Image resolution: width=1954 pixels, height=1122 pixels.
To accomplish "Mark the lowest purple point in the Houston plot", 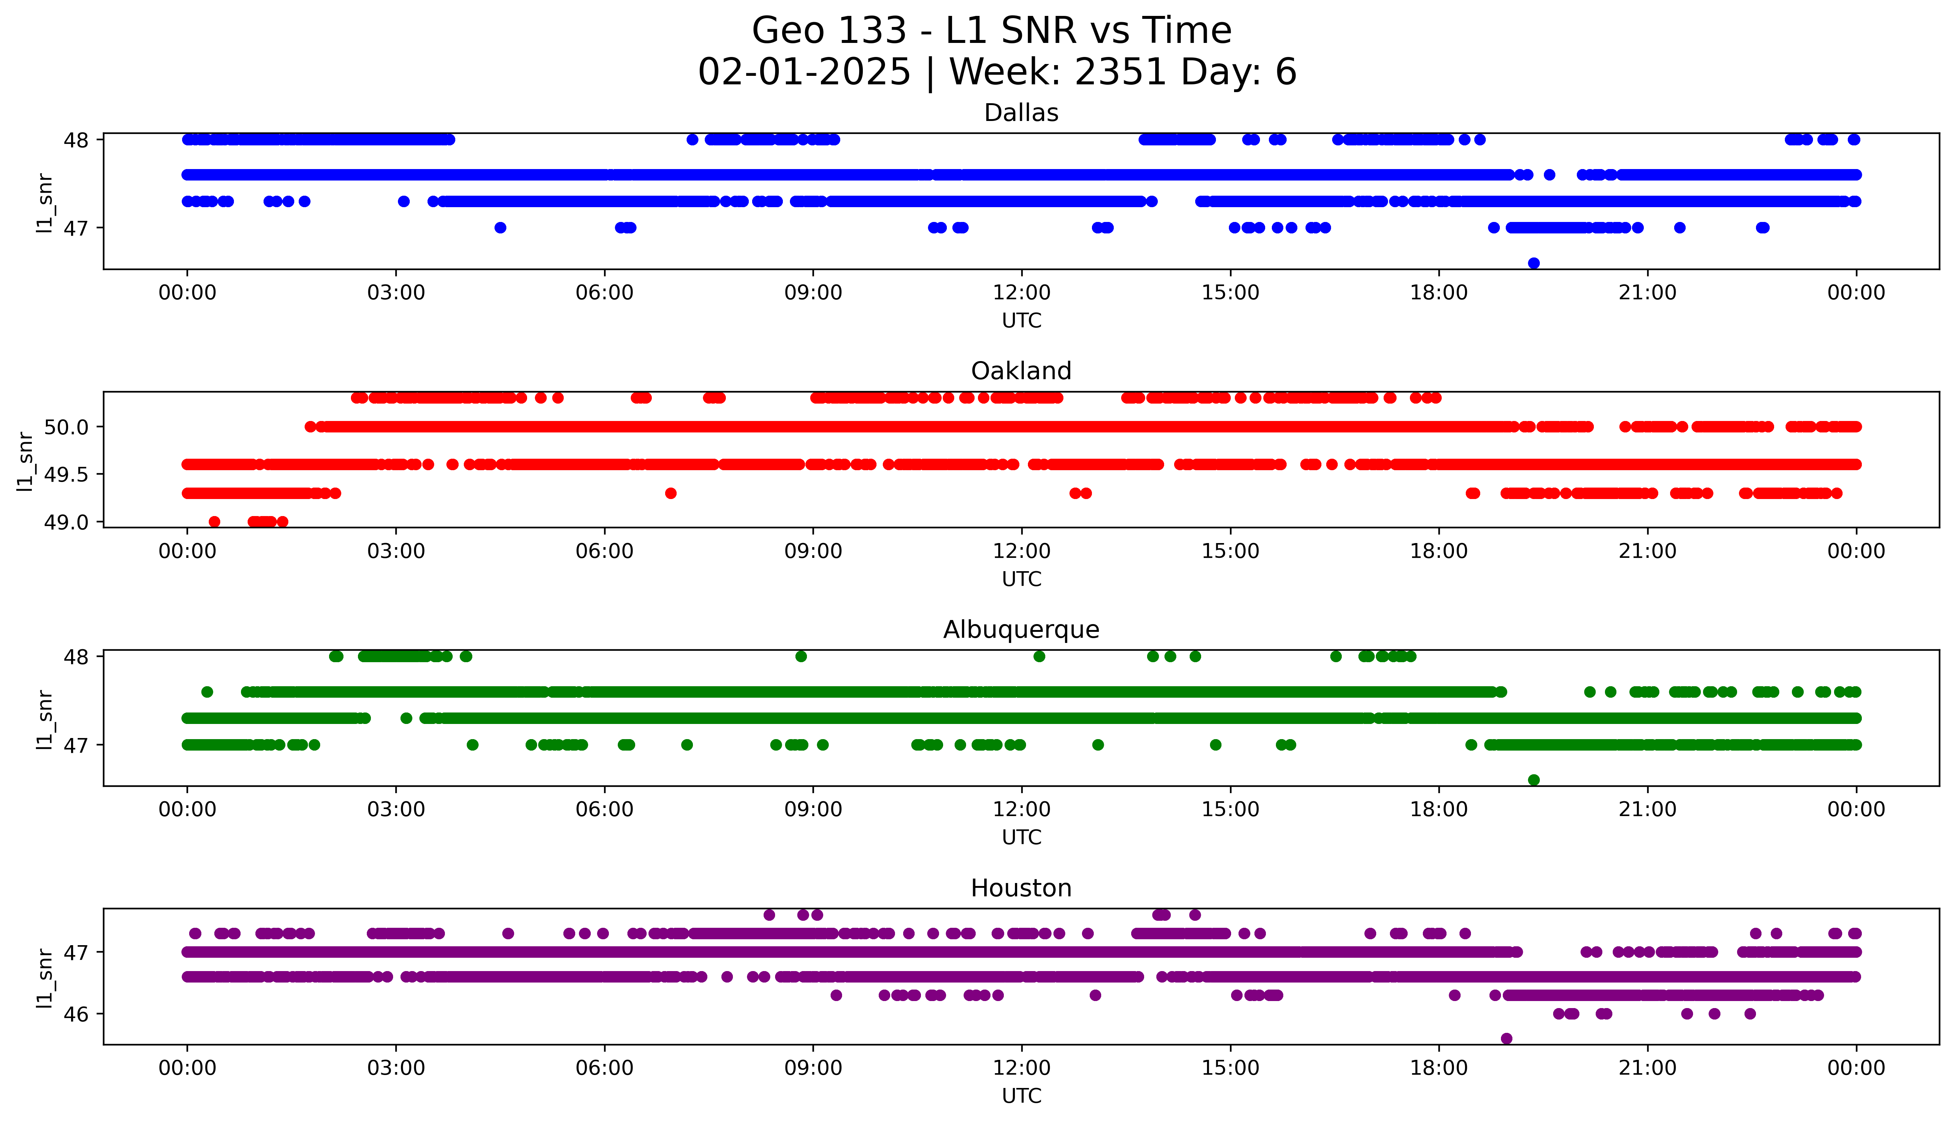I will pyautogui.click(x=1506, y=1039).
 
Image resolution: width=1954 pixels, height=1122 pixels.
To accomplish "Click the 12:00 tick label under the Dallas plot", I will pyautogui.click(x=1021, y=293).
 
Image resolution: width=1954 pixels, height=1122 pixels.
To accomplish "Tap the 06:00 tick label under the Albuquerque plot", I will pyautogui.click(x=604, y=810).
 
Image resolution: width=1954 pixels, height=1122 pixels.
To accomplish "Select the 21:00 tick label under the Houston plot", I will pyautogui.click(x=1647, y=1068).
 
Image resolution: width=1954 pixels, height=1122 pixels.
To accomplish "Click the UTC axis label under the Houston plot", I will pyautogui.click(x=1021, y=1096).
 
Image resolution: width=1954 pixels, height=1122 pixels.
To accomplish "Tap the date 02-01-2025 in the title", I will pyautogui.click(x=804, y=73).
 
